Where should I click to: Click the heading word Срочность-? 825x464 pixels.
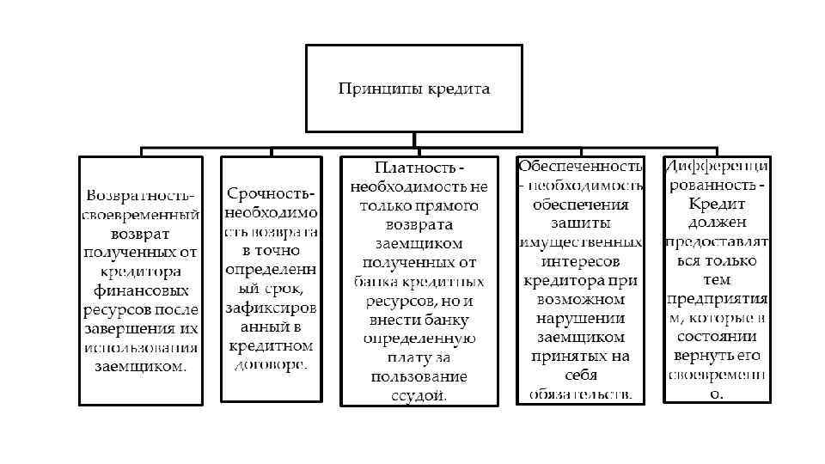point(271,193)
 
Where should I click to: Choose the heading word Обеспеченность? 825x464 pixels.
point(580,166)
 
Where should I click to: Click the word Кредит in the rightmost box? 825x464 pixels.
point(716,205)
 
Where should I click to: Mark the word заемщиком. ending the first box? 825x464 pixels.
point(140,367)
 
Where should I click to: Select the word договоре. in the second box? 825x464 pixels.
point(271,364)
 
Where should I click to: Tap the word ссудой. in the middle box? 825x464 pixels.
point(419,395)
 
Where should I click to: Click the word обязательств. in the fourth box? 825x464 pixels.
point(580,394)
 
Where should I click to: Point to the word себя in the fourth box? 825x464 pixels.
point(580,375)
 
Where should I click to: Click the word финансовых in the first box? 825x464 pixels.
point(140,290)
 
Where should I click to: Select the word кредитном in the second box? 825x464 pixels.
point(271,345)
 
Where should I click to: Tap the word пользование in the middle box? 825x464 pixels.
point(419,376)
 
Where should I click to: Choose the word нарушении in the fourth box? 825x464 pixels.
point(580,319)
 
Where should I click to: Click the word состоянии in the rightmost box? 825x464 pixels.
point(717,337)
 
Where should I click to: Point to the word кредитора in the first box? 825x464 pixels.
point(140,272)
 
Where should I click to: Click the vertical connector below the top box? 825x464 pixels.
point(414,139)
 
